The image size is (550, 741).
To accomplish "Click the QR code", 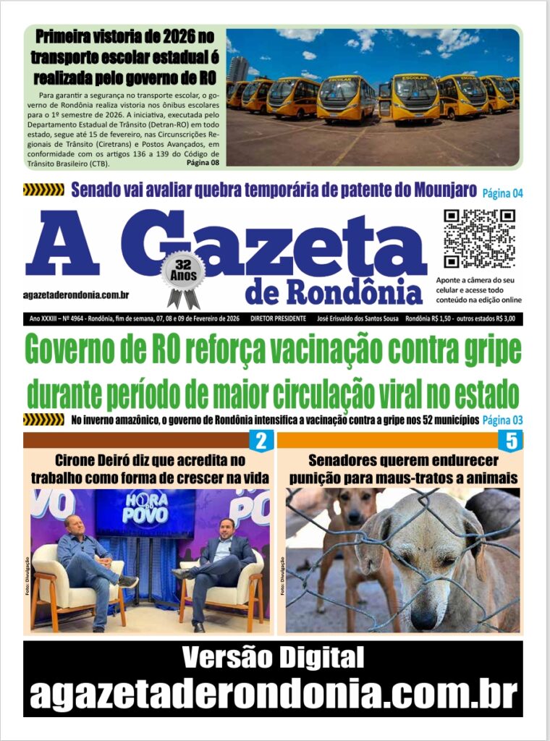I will click(x=479, y=240).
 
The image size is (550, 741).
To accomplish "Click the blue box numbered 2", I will click(x=261, y=441).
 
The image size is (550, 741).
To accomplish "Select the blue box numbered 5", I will click(x=511, y=441).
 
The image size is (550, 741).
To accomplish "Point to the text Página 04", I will click(x=502, y=192).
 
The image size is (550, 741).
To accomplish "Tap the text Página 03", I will click(x=502, y=420).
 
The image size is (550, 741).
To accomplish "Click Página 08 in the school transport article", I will click(x=203, y=161).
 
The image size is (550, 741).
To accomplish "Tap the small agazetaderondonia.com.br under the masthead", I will click(x=77, y=295).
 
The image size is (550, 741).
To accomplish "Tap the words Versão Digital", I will click(x=273, y=658).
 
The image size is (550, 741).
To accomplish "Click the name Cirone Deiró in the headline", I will click(x=96, y=460).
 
